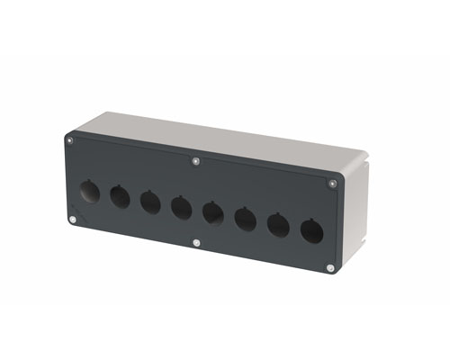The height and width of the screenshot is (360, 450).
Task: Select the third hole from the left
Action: pos(150,201)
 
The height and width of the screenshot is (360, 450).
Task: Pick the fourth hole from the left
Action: pos(181,207)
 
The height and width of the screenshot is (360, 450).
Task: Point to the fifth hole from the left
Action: pos(213,212)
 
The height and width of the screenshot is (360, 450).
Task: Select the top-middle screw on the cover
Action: pos(197,162)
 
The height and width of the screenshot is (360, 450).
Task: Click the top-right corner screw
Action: pos(334,184)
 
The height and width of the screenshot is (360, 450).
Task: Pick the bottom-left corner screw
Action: pos(72,219)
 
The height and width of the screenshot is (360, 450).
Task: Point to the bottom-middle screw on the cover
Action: pos(197,242)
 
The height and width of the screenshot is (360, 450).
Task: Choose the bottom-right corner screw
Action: pos(330,267)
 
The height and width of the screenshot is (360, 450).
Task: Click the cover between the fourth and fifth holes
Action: pos(197,210)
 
